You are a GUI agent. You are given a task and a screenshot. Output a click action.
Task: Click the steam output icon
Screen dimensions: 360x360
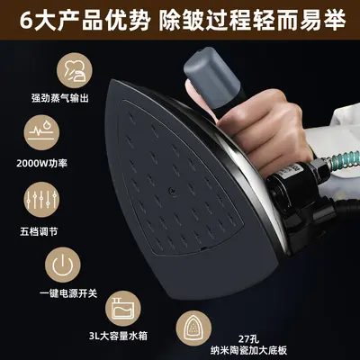[75, 70]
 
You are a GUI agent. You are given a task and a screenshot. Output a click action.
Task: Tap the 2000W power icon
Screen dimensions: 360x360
[41, 133]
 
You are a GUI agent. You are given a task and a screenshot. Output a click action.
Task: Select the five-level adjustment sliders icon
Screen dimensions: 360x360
[41, 200]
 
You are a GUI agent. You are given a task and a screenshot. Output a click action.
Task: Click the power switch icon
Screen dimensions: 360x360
[63, 265]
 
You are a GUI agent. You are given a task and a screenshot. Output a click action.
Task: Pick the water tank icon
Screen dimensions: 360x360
[123, 309]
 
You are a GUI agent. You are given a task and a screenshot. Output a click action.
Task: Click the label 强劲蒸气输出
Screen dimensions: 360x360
[60, 98]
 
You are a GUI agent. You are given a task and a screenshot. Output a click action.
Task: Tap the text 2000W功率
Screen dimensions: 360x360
[41, 164]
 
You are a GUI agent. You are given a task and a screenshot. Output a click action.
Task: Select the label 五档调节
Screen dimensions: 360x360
[39, 231]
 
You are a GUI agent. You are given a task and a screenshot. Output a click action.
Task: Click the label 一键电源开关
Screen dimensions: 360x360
[68, 293]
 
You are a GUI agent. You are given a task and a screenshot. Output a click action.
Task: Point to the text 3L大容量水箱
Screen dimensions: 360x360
[118, 336]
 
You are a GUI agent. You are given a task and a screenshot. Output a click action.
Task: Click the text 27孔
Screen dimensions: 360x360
[248, 339]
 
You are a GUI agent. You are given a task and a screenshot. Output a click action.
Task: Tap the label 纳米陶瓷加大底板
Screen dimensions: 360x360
[248, 350]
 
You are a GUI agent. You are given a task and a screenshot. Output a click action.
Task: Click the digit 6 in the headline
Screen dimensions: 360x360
[26, 21]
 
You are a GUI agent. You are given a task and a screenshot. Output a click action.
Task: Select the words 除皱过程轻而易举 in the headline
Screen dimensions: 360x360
[252, 21]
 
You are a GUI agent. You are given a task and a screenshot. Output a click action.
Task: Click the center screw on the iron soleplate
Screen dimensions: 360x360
[172, 191]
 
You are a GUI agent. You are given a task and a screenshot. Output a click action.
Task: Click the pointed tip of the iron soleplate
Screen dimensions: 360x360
[112, 80]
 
